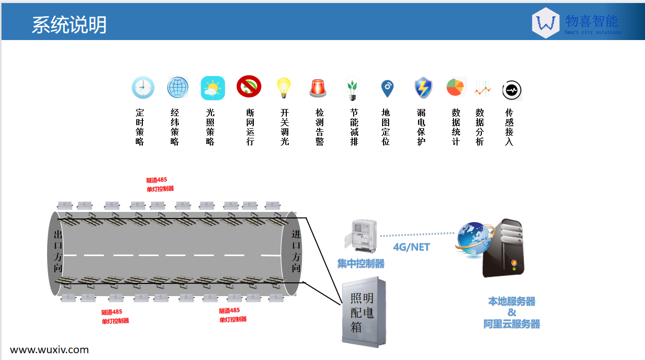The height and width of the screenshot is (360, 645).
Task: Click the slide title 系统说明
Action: (69, 25)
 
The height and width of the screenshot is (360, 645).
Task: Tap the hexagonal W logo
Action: (546, 23)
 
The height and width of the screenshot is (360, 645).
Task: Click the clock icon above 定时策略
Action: (142, 88)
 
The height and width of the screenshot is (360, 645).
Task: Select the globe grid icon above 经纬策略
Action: (178, 88)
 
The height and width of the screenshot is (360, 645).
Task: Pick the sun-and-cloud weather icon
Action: (212, 88)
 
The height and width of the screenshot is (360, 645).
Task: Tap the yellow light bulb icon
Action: (284, 88)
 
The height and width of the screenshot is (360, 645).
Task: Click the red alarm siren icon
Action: (318, 88)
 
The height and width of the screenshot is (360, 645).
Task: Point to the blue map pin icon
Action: (387, 88)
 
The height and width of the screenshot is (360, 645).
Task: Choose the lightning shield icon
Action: (422, 88)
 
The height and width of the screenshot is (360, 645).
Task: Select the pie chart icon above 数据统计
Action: (455, 87)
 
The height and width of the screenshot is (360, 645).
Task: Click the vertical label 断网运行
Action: (250, 127)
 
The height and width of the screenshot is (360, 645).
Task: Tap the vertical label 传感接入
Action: (509, 127)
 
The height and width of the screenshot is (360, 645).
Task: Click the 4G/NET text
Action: (411, 247)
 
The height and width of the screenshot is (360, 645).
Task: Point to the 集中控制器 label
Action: (361, 264)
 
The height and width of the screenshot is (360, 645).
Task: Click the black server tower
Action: (503, 248)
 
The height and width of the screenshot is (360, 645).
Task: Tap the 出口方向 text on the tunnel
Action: (58, 251)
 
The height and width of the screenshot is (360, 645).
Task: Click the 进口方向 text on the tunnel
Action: (296, 251)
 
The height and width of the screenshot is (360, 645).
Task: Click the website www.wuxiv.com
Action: (49, 350)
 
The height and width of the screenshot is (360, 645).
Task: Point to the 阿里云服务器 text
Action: (512, 324)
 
